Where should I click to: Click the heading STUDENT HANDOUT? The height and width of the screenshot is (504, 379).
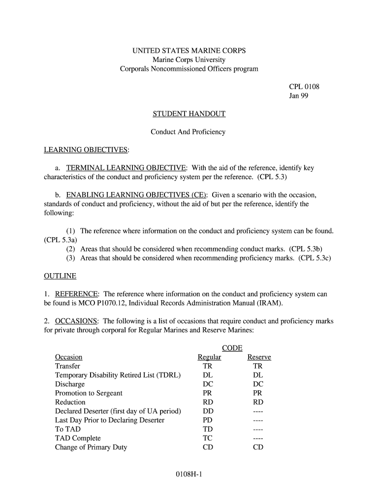click(x=189, y=114)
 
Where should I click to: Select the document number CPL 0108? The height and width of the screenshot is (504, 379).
click(x=304, y=87)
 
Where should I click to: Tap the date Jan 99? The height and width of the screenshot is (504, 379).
click(x=299, y=96)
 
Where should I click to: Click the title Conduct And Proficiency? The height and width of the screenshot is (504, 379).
click(x=188, y=132)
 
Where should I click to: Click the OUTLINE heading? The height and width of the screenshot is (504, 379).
click(x=60, y=276)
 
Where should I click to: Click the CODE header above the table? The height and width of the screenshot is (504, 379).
click(x=232, y=348)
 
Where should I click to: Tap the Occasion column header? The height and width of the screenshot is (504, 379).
click(x=69, y=357)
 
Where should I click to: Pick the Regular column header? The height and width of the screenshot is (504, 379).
click(x=209, y=357)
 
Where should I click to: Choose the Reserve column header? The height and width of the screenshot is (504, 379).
click(x=259, y=357)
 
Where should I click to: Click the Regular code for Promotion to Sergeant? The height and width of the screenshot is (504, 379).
click(x=208, y=393)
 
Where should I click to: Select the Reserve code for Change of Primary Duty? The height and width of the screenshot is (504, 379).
click(x=258, y=447)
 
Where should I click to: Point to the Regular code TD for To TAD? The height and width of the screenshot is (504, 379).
click(x=208, y=429)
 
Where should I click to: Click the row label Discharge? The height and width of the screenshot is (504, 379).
click(x=70, y=384)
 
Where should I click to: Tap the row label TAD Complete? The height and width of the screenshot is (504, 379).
click(x=78, y=439)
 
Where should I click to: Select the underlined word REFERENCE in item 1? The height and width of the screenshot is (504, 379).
click(x=77, y=294)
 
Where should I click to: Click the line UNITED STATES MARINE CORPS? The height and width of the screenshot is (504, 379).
click(x=189, y=51)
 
